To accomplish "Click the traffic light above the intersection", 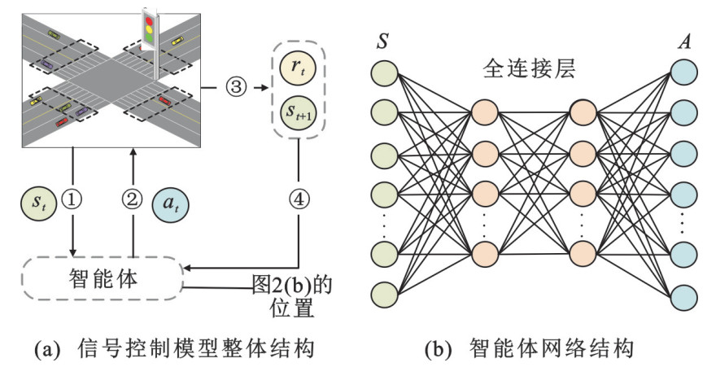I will (150, 28).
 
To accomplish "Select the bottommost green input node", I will (383, 293).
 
